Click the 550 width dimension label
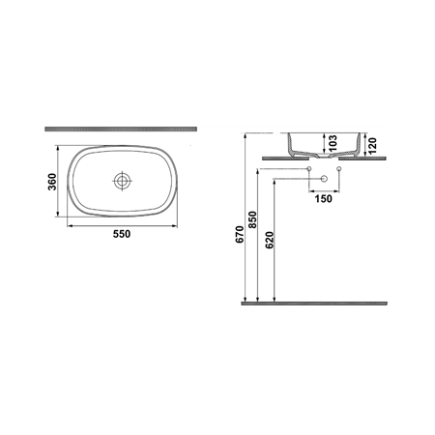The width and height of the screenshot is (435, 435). pos(122,232)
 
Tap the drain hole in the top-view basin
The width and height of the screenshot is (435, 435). pos(122,181)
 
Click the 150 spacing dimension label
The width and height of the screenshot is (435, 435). pos(323,200)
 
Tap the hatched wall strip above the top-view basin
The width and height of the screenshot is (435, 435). pos(121,128)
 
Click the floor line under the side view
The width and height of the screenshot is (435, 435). pos(313,303)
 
